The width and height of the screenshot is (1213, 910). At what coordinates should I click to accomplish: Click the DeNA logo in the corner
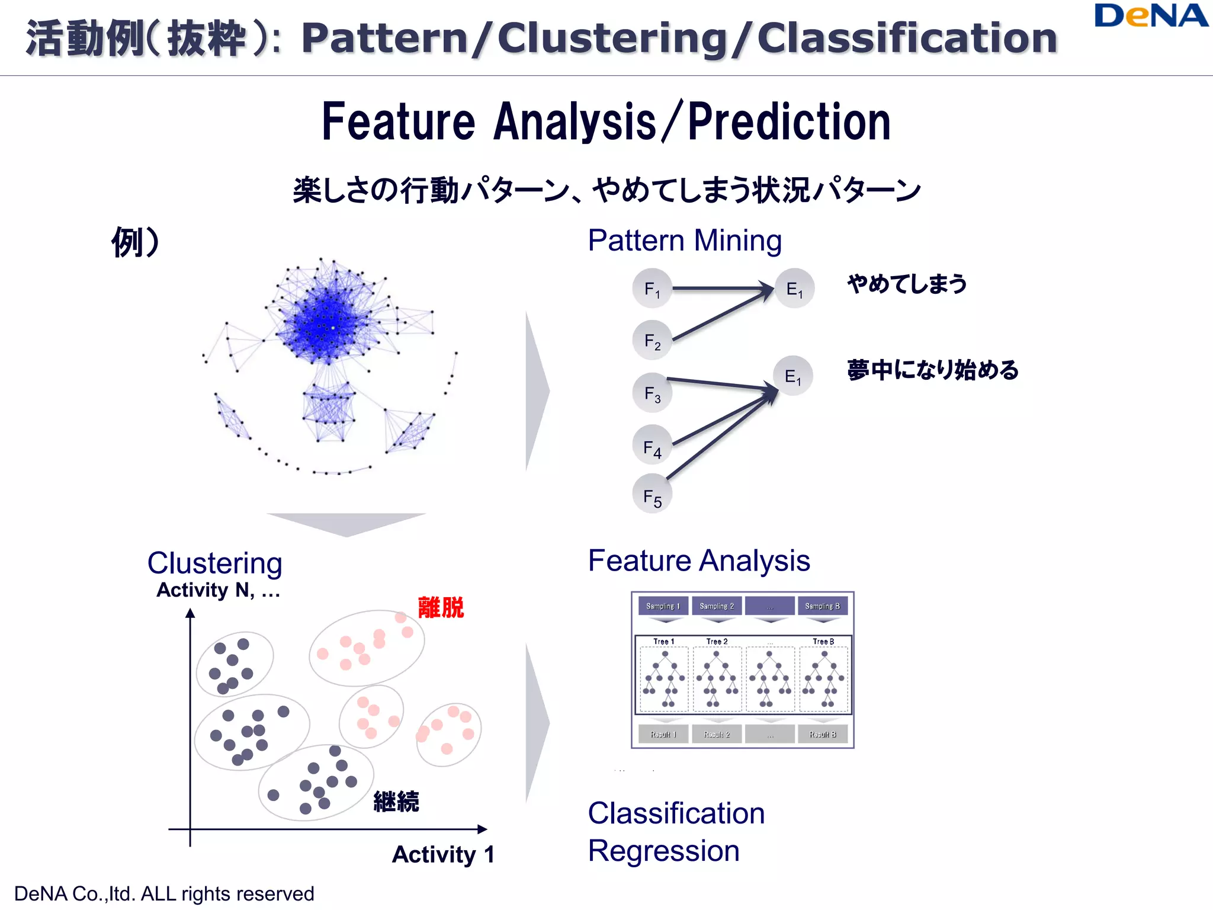(x=1151, y=17)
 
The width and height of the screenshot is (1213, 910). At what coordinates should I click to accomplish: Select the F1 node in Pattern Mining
(x=652, y=289)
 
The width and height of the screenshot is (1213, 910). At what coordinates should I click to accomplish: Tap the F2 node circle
(x=652, y=341)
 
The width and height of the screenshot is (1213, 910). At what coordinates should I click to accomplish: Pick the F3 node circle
(x=652, y=393)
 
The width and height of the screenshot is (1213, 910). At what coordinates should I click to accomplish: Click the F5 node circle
(x=652, y=494)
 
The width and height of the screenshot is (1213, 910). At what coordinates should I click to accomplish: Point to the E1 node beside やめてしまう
(x=794, y=289)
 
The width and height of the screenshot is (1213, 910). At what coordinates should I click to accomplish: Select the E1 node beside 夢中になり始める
(x=792, y=376)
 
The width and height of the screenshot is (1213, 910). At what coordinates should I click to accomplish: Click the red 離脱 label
(x=441, y=608)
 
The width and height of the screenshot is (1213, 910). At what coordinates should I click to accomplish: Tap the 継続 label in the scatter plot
(x=396, y=802)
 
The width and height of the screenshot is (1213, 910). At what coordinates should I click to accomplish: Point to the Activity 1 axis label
(x=443, y=854)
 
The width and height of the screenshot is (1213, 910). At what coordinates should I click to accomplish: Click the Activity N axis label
(x=218, y=590)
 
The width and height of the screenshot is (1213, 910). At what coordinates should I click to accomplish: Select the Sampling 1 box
(x=663, y=606)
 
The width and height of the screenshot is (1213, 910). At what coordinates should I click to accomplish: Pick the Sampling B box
(x=822, y=606)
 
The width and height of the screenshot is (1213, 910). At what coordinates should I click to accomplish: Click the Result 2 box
(x=717, y=734)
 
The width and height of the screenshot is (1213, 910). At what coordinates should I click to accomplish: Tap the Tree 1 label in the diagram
(x=663, y=642)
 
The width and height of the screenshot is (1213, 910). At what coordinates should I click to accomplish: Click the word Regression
(x=663, y=851)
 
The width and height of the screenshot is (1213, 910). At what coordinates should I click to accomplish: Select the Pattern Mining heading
(x=685, y=241)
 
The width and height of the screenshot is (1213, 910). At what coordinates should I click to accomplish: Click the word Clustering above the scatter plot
(x=214, y=563)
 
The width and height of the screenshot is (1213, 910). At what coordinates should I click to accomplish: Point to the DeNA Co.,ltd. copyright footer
(x=164, y=893)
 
